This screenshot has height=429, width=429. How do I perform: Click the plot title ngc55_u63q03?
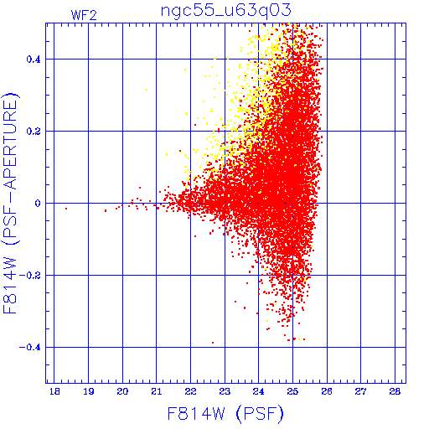click(226, 11)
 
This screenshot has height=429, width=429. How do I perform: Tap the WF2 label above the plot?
click(84, 15)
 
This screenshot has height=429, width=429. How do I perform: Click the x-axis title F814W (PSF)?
click(225, 414)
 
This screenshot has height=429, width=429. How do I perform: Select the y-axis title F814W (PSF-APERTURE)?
click(11, 203)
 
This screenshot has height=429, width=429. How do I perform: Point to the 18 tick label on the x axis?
click(54, 391)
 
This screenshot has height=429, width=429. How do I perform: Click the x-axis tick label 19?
click(89, 391)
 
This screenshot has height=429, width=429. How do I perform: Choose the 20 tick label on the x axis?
click(122, 391)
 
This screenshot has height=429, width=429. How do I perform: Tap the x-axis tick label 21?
click(157, 391)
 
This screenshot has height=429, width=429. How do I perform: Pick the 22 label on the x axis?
click(190, 391)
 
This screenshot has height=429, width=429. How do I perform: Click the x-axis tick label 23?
click(225, 391)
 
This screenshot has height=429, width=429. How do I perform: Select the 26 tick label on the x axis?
click(327, 391)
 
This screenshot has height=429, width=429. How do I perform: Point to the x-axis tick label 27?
click(360, 391)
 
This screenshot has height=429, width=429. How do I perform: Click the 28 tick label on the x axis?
click(395, 391)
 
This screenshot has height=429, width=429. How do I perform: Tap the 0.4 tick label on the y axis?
click(34, 59)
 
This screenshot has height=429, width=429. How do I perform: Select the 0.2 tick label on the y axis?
click(34, 132)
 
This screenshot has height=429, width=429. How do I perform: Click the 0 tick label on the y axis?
click(38, 204)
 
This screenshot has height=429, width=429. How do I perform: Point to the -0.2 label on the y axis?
click(29, 276)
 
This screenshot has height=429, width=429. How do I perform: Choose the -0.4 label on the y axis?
click(29, 348)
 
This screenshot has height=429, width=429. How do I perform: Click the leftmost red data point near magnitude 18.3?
click(66, 209)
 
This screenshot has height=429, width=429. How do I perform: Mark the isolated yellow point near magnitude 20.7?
click(147, 90)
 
